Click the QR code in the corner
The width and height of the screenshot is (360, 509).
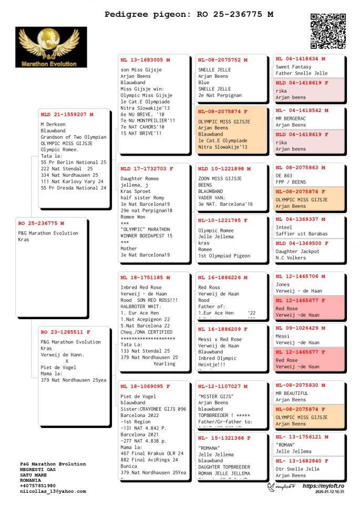(328, 31)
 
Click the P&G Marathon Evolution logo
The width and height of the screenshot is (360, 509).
(51, 47)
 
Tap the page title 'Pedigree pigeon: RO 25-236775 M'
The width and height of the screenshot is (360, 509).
(189, 14)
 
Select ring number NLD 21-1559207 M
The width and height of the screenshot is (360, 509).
(67, 114)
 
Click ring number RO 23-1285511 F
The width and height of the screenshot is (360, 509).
(66, 332)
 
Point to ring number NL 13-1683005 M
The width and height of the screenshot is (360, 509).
(145, 60)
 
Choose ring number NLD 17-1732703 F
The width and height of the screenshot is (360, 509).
(147, 169)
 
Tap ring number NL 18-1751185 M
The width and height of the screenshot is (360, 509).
(145, 278)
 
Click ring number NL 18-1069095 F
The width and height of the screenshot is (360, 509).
(145, 386)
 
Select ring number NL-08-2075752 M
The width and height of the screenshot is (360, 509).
(223, 60)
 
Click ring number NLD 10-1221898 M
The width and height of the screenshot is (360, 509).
(224, 169)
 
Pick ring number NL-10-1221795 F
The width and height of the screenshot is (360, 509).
(223, 220)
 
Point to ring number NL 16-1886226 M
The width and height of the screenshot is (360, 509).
(223, 278)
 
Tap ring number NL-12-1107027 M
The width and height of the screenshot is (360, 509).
(223, 386)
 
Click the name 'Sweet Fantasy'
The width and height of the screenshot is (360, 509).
(293, 67)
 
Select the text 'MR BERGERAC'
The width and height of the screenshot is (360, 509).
(292, 118)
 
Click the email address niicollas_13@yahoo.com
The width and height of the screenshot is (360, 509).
(53, 491)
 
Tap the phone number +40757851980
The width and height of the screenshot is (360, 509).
(38, 486)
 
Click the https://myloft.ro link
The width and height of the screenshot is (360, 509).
(323, 486)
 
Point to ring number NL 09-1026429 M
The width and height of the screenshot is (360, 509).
(301, 328)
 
